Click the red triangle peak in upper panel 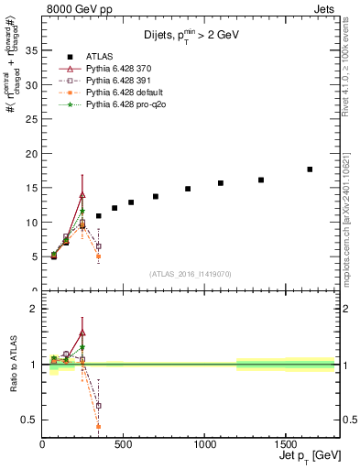tap(82, 195)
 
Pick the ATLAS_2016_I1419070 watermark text tap(190, 273)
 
